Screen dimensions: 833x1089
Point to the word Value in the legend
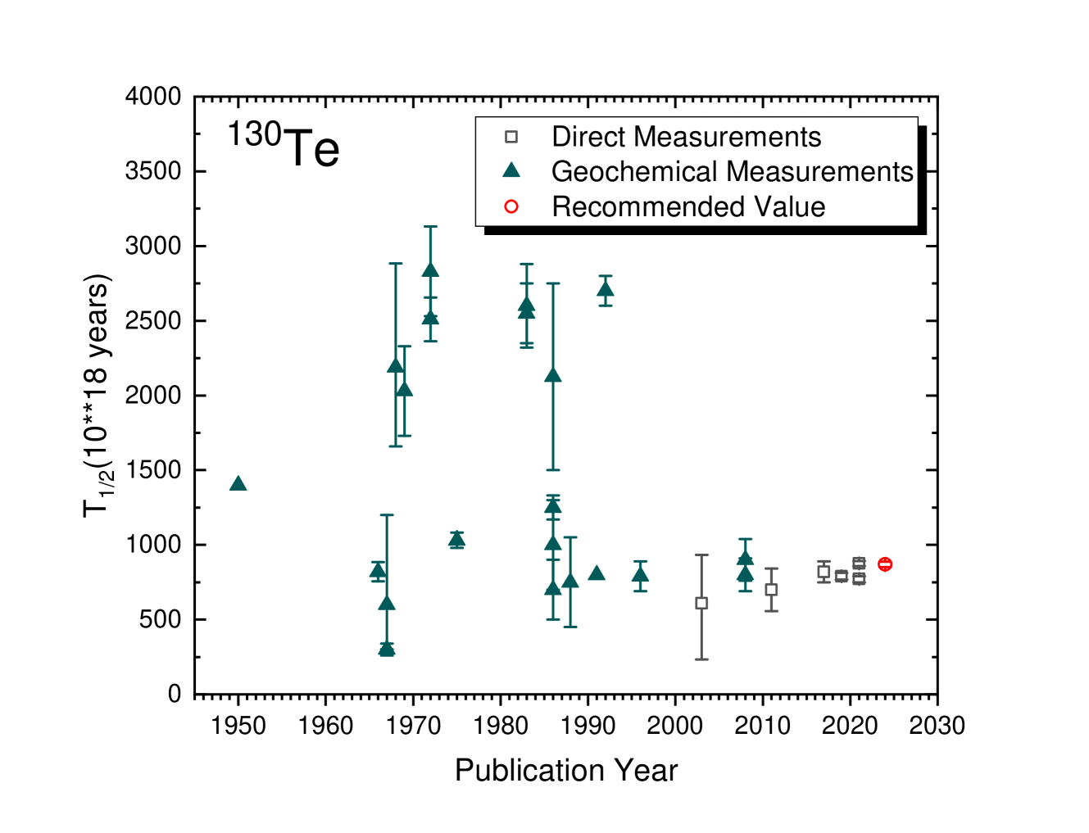[x=790, y=207]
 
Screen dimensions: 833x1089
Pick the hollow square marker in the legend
[x=511, y=137]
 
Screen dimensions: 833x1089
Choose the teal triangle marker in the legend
[x=511, y=170]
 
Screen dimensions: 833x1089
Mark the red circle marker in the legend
[x=511, y=206]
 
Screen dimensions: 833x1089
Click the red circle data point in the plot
[x=885, y=564]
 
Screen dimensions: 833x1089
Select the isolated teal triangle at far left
[x=238, y=483]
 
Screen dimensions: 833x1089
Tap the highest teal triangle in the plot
[x=430, y=269]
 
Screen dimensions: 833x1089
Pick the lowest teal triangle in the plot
[x=387, y=650]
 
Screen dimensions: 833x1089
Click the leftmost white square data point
[x=701, y=604]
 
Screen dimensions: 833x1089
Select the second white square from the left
[x=771, y=590]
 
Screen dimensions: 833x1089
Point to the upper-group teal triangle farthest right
[x=606, y=289]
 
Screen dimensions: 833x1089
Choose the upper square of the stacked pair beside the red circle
[x=859, y=564]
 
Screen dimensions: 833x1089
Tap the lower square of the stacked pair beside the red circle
[x=859, y=579]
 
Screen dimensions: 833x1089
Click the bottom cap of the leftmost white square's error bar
[x=701, y=659]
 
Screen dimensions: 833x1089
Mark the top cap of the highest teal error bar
[x=430, y=227]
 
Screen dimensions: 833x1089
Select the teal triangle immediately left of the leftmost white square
[x=641, y=574]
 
